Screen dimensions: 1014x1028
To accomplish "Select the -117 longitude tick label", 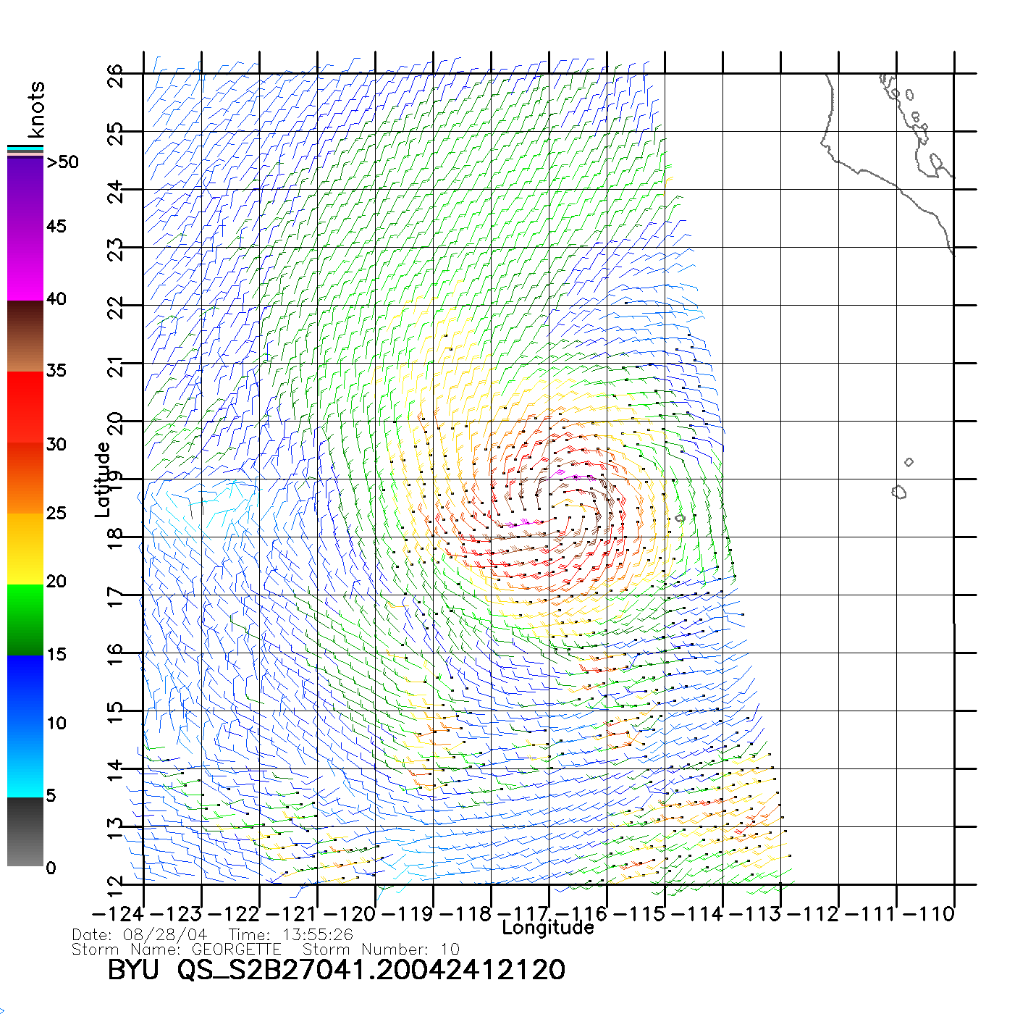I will pyautogui.click(x=526, y=914).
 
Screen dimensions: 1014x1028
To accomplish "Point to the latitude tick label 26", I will pyautogui.click(x=115, y=75).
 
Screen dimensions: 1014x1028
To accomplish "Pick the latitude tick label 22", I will pyautogui.click(x=115, y=307).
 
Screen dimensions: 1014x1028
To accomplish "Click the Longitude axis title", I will pyautogui.click(x=548, y=928).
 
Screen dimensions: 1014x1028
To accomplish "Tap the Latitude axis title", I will pyautogui.click(x=103, y=479).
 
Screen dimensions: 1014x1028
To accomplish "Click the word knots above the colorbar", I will pyautogui.click(x=36, y=109).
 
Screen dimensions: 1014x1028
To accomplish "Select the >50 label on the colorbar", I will pyautogui.click(x=63, y=162).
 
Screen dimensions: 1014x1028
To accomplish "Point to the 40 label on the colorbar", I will pyautogui.click(x=56, y=298).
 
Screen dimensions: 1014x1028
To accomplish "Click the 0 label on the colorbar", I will pyautogui.click(x=51, y=868).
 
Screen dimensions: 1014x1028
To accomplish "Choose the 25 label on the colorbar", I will pyautogui.click(x=56, y=513).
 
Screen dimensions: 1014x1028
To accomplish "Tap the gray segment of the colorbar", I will pyautogui.click(x=25, y=833).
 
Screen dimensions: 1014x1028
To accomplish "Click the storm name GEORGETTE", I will pyautogui.click(x=236, y=949).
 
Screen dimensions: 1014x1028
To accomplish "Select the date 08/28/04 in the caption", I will pyautogui.click(x=166, y=935).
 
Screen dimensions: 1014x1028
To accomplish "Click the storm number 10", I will pyautogui.click(x=450, y=949).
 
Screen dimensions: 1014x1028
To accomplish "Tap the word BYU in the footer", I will pyautogui.click(x=132, y=970).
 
